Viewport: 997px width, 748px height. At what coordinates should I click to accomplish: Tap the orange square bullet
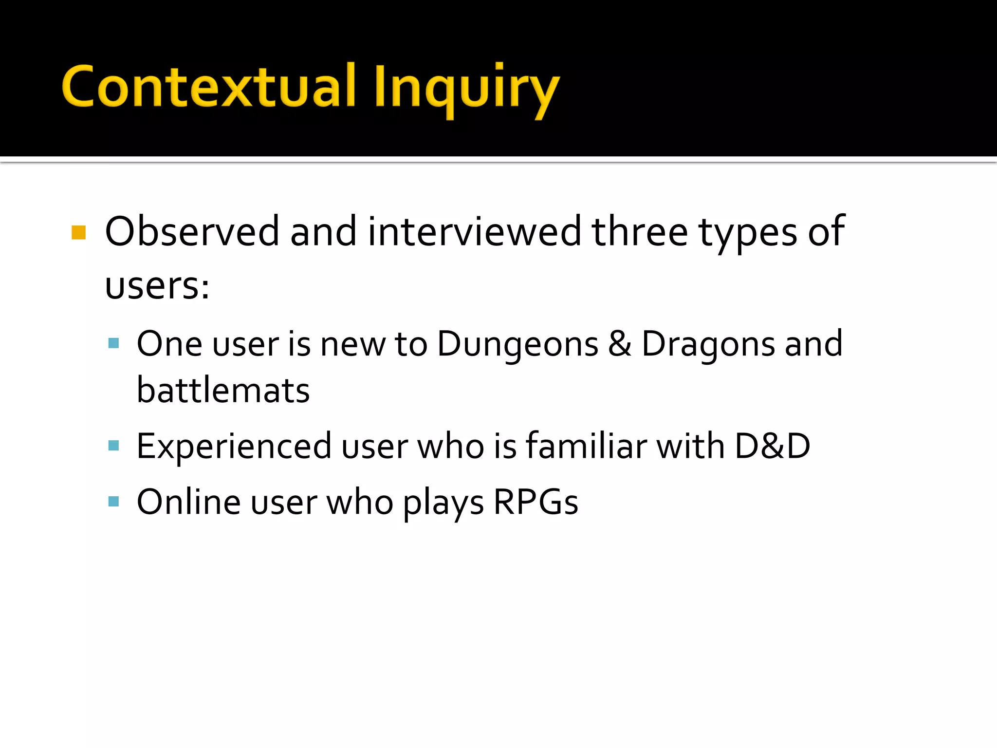point(78,232)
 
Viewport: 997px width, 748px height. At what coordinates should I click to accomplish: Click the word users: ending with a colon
point(157,286)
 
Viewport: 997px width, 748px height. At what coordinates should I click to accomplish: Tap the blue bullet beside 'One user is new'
point(114,343)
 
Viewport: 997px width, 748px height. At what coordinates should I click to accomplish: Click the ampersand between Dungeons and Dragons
point(620,344)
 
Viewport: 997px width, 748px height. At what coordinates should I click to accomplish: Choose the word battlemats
point(223,390)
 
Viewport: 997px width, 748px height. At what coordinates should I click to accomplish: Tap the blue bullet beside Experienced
point(114,446)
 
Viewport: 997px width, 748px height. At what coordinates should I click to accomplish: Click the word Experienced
point(234,447)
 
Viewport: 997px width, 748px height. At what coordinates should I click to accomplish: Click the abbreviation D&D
point(773,446)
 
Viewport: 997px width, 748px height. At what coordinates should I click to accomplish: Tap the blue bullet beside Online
point(114,502)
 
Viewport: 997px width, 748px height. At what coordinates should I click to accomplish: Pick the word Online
point(188,502)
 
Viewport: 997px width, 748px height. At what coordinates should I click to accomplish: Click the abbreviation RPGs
point(535,502)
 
